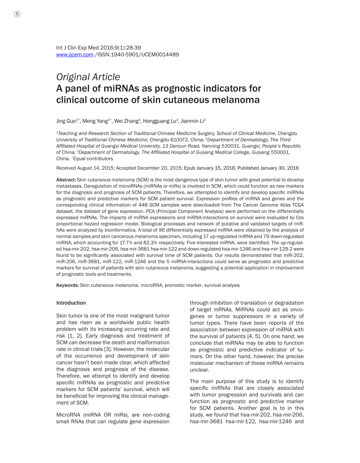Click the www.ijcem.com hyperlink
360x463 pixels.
(x=75, y=55)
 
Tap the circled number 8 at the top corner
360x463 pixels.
(x=17, y=14)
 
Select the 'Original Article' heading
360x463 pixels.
(x=88, y=77)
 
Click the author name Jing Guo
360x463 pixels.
(x=66, y=121)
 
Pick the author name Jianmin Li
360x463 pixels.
(x=193, y=121)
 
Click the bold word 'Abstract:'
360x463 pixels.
(x=66, y=180)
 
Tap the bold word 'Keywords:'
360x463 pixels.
(x=67, y=285)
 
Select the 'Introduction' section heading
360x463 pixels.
(x=71, y=303)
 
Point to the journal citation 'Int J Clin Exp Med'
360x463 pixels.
(x=77, y=48)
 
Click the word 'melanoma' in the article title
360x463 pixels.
(x=237, y=100)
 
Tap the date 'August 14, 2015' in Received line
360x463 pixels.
(x=96, y=168)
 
